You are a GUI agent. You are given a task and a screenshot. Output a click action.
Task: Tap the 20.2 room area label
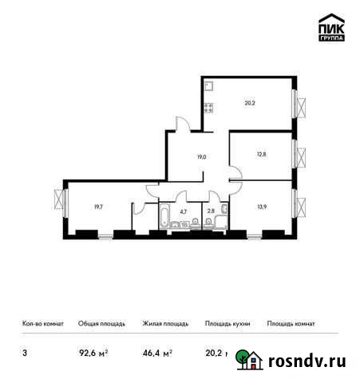[249, 101]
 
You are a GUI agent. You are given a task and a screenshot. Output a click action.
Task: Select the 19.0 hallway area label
[202, 157]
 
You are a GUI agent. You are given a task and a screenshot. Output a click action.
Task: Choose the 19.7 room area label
[97, 207]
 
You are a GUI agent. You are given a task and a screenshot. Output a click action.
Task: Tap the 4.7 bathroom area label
[183, 212]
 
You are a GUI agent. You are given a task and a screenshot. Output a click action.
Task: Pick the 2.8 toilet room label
[212, 212]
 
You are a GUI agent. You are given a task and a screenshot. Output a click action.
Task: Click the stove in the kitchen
[208, 109]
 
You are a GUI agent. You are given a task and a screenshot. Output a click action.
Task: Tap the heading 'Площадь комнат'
[291, 324]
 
